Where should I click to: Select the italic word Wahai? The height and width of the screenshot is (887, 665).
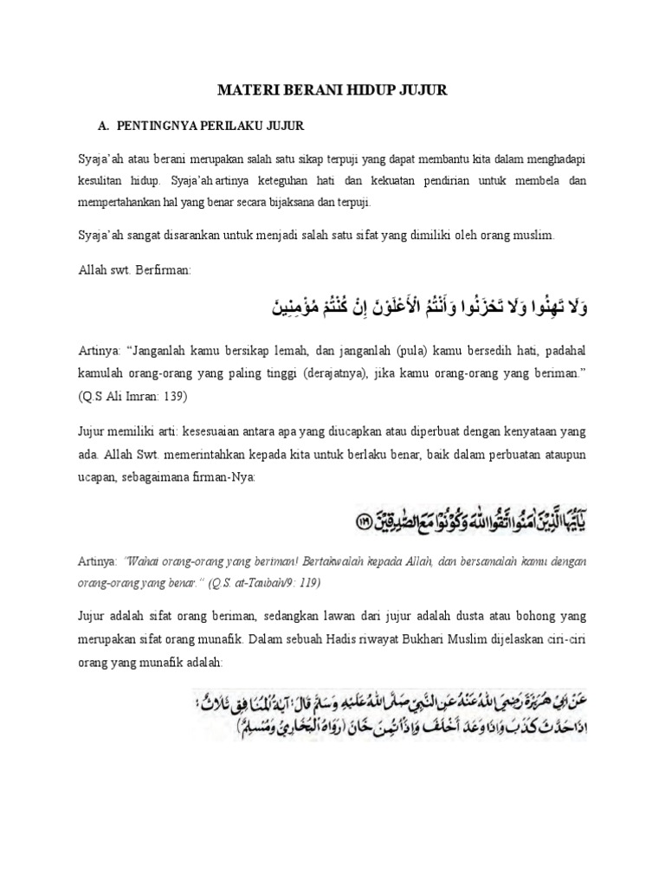coord(139,561)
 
